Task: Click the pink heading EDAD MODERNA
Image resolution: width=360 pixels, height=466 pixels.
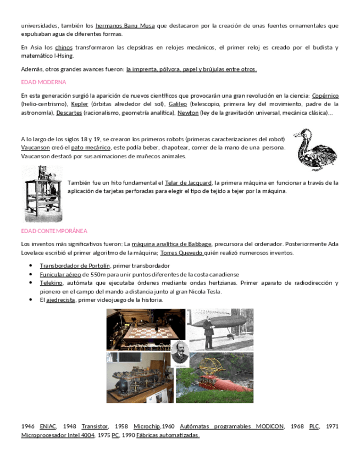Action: (x=43, y=82)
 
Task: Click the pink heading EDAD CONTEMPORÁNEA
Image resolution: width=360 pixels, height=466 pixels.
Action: (x=54, y=231)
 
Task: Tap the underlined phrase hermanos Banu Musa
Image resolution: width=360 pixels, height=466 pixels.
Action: (x=125, y=26)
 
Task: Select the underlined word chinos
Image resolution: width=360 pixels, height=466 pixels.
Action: (x=64, y=48)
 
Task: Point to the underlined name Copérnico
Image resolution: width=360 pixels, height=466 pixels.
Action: (x=325, y=96)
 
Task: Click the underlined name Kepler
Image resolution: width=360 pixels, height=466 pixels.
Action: (x=80, y=104)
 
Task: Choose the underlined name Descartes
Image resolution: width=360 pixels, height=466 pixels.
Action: (x=69, y=113)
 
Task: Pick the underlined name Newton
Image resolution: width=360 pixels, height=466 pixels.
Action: (x=187, y=113)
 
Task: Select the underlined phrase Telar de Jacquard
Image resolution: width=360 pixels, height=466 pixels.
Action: (x=189, y=182)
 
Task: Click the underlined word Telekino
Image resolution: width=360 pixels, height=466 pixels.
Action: (x=51, y=283)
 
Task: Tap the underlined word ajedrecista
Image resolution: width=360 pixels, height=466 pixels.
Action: (x=60, y=300)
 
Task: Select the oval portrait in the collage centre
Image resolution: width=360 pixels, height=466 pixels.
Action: (x=180, y=354)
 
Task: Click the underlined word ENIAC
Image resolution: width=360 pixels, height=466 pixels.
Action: (x=48, y=426)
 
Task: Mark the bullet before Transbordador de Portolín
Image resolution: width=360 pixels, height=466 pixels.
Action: (x=31, y=266)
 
